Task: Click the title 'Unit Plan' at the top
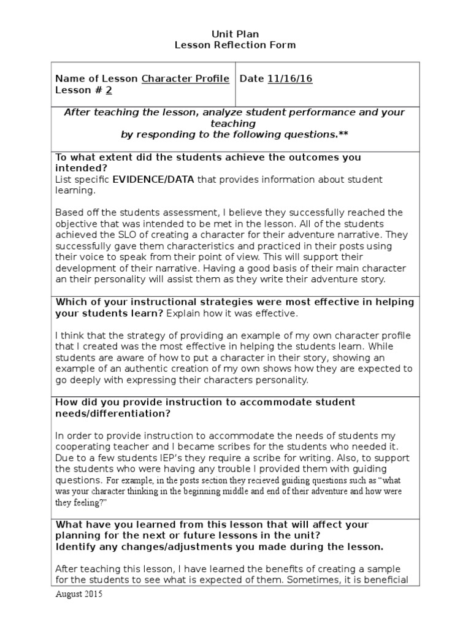tap(235, 34)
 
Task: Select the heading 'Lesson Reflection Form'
tap(235, 45)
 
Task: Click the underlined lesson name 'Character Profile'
tap(186, 78)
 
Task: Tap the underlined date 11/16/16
tap(290, 78)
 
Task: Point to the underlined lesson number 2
tap(109, 90)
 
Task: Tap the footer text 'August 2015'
tap(79, 594)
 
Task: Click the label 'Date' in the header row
tap(251, 78)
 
